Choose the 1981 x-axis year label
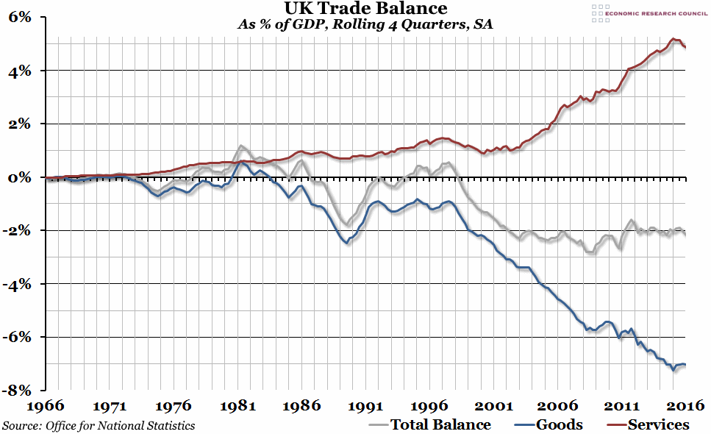[237, 405]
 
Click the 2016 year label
[685, 405]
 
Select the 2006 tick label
[557, 405]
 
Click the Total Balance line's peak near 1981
[241, 146]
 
